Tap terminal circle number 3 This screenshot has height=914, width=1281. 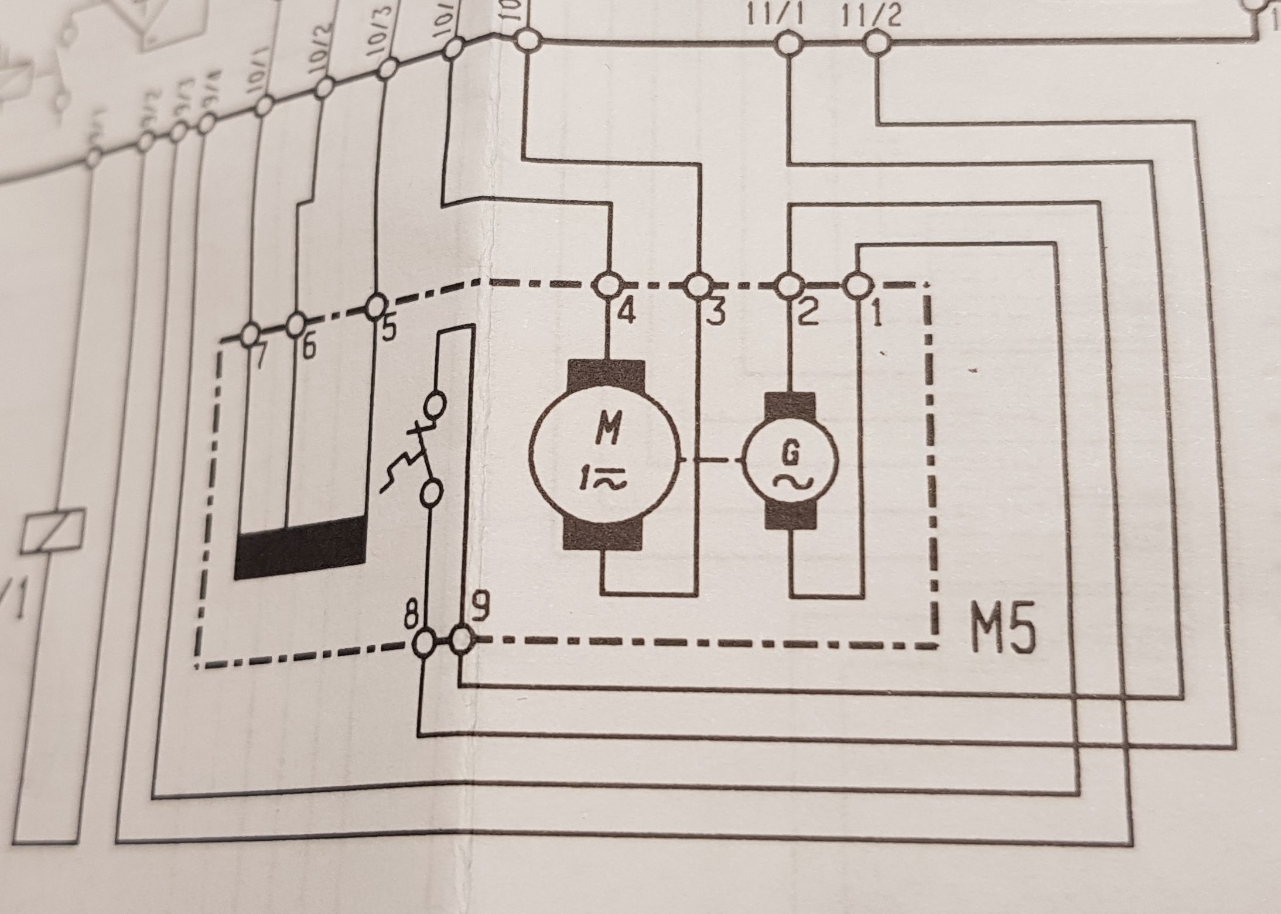point(698,286)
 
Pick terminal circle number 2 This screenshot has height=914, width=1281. point(788,286)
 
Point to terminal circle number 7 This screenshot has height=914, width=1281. point(250,334)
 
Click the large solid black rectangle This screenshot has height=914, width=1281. point(299,547)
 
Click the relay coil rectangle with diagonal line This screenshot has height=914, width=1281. point(53,530)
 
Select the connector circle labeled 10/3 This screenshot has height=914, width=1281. point(387,70)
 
